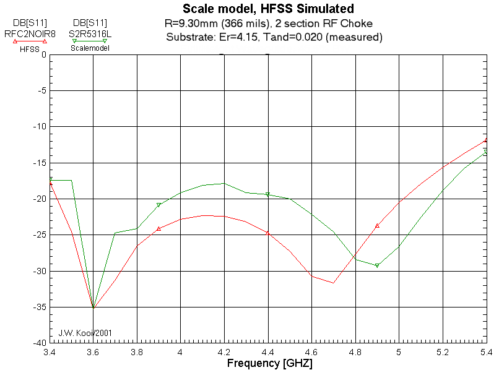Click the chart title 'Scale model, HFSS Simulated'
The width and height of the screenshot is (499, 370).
[x=268, y=9]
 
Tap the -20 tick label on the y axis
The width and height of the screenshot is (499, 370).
[x=39, y=199]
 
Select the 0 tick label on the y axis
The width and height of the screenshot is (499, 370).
[x=44, y=54]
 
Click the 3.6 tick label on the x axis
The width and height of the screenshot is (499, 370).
[x=93, y=351]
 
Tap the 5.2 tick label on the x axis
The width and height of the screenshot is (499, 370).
[x=443, y=351]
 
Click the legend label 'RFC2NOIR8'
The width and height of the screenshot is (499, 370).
[x=30, y=33]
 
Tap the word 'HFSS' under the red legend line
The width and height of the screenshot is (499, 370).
[x=29, y=49]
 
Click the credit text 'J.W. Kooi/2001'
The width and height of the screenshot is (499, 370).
[x=86, y=333]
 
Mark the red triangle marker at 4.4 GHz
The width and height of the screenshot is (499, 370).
[x=267, y=233]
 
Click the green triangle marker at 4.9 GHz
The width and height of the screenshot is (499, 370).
[x=377, y=265]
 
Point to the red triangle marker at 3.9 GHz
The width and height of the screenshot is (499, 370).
[x=158, y=229]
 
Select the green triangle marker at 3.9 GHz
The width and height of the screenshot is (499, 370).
[x=158, y=205]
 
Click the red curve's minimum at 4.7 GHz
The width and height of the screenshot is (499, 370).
[x=333, y=283]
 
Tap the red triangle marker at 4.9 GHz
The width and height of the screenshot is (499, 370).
[x=377, y=226]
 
